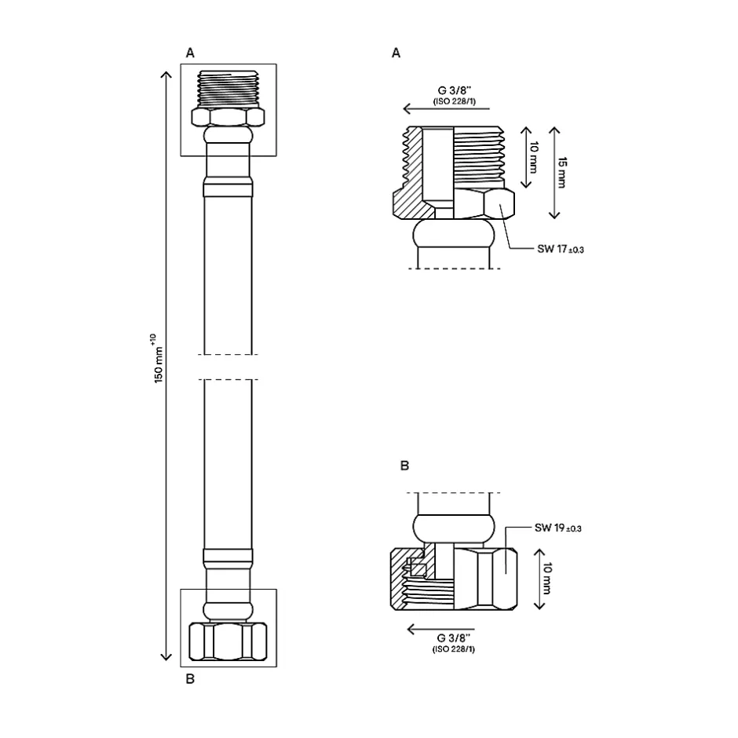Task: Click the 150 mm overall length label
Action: tap(159, 365)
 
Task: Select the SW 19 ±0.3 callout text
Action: tap(558, 528)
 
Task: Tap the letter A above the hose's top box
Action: tap(189, 53)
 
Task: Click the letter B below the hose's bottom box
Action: tap(189, 680)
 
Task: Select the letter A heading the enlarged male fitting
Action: tap(396, 53)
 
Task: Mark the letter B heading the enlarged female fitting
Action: tap(404, 466)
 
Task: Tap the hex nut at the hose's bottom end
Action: tap(228, 641)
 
